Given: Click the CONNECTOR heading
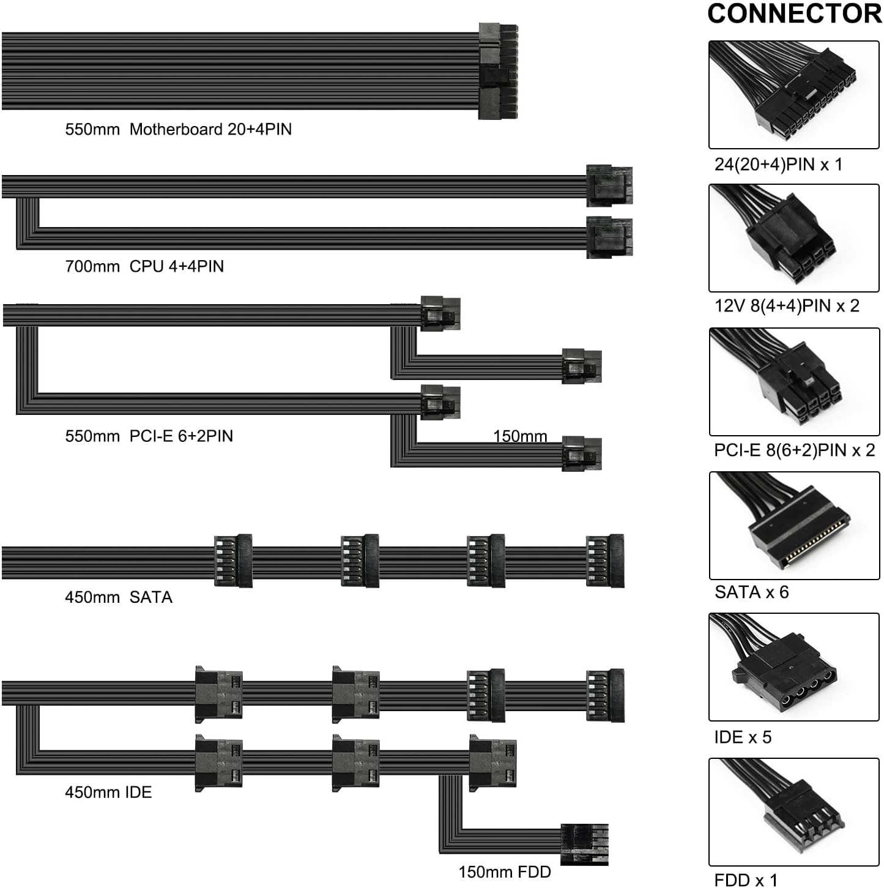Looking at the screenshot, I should [794, 13].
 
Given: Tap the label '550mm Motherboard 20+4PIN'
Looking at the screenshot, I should [178, 129].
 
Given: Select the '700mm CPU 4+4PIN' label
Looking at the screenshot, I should [144, 266].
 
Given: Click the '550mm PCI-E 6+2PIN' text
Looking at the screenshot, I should [149, 436].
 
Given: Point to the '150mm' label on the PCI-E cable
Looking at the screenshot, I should [520, 436].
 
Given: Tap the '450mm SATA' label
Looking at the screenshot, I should [119, 597].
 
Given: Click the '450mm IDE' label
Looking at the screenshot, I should [108, 792].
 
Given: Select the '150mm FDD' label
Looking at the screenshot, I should [505, 871].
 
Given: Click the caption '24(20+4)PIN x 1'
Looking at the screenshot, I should [778, 164].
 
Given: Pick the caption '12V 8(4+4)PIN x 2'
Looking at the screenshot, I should [787, 305].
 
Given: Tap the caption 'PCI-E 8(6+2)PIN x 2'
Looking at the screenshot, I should [794, 450].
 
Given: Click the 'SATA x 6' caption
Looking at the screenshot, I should [751, 592].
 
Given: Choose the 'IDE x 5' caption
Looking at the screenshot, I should [743, 737].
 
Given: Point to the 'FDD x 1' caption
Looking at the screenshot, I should [746, 880].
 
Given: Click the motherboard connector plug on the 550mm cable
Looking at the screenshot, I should [498, 71].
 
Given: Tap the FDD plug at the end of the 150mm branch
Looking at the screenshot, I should [584, 845].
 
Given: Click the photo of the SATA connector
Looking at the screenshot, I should [794, 525].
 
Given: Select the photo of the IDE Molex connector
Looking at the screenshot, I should [794, 667].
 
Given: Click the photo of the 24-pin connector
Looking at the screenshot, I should [794, 95].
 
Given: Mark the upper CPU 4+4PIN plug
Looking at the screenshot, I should [609, 185].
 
